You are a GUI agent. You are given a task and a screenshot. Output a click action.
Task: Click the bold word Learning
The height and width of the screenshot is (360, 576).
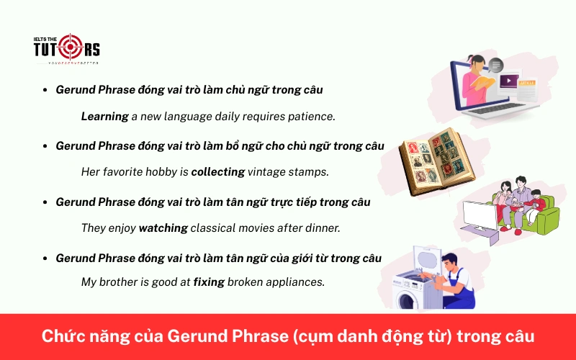[104, 116]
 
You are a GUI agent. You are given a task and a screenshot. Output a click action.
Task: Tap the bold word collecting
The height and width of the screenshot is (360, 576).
[217, 171]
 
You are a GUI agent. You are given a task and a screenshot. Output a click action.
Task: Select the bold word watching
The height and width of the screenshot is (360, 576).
[163, 228]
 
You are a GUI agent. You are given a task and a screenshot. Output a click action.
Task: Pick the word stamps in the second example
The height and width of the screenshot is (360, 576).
[310, 171]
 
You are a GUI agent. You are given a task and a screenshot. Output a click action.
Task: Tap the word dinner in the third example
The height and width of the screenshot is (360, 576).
[322, 228]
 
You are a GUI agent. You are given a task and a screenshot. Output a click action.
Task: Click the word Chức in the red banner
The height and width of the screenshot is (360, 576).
[60, 337]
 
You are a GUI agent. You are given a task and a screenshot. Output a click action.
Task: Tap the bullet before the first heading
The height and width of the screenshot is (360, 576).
[45, 91]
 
